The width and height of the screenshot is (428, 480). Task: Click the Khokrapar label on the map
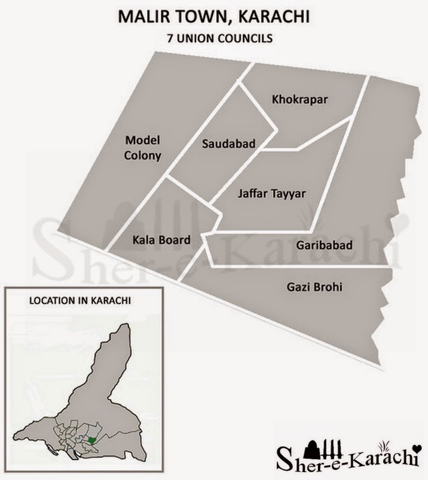300,99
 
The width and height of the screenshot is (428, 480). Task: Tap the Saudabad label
229,143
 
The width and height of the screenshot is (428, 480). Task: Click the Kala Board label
160,240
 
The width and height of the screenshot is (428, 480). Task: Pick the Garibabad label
324,245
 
